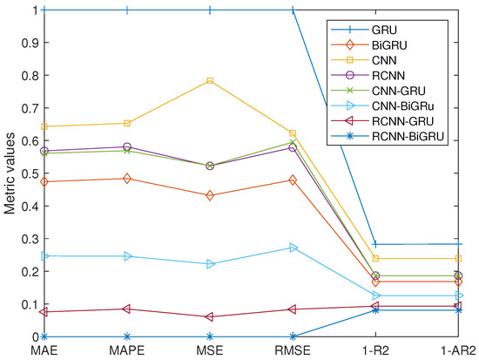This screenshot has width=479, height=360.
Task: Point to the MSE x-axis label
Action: [210, 350]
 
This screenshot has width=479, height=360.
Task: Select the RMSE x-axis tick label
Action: [293, 350]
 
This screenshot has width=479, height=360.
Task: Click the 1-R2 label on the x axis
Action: [375, 350]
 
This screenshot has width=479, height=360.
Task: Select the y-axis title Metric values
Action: [10, 173]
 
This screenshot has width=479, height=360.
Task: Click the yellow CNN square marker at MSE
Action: [210, 81]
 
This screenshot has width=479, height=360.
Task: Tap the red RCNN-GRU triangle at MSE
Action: [210, 316]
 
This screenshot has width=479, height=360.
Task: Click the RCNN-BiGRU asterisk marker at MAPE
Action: [127, 336]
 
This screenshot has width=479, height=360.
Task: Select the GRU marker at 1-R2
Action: [375, 244]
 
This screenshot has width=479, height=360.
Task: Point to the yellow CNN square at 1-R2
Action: [375, 258]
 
